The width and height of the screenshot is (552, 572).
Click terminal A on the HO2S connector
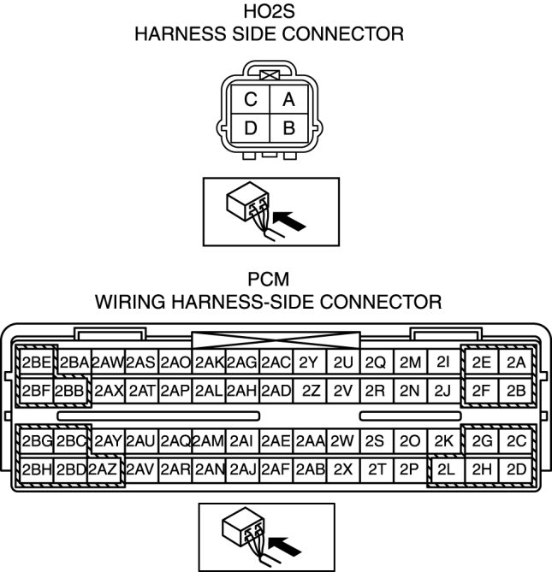(289, 100)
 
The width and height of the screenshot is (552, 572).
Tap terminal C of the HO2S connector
(251, 100)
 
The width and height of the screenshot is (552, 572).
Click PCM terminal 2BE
(37, 362)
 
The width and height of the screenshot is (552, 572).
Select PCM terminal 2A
(515, 362)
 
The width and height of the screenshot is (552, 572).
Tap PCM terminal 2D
(515, 469)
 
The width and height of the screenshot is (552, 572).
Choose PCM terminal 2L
(445, 469)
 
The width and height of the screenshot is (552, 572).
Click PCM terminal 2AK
(209, 362)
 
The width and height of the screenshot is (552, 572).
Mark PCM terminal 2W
(342, 441)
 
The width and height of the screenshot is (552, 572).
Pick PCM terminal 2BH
(37, 469)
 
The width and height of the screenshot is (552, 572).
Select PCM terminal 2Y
(309, 362)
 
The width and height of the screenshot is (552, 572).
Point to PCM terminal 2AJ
(242, 469)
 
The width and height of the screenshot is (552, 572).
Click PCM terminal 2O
(409, 441)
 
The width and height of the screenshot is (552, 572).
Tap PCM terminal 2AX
(109, 391)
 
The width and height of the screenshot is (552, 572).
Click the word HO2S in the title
(270, 12)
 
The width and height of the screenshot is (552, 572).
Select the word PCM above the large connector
(269, 280)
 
